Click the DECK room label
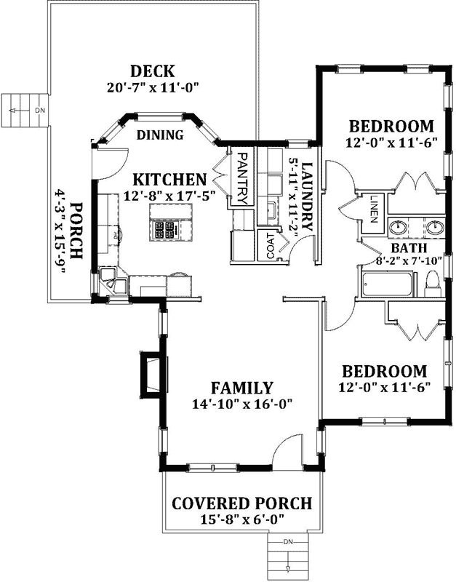click(152, 71)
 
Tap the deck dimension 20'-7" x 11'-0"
click(152, 87)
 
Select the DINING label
click(160, 133)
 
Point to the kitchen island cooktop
click(165, 230)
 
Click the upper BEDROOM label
click(391, 126)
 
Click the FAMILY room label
click(242, 388)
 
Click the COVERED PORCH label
click(242, 503)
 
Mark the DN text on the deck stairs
click(41, 110)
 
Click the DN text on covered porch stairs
click(289, 542)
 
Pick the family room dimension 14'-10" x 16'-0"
click(242, 404)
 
